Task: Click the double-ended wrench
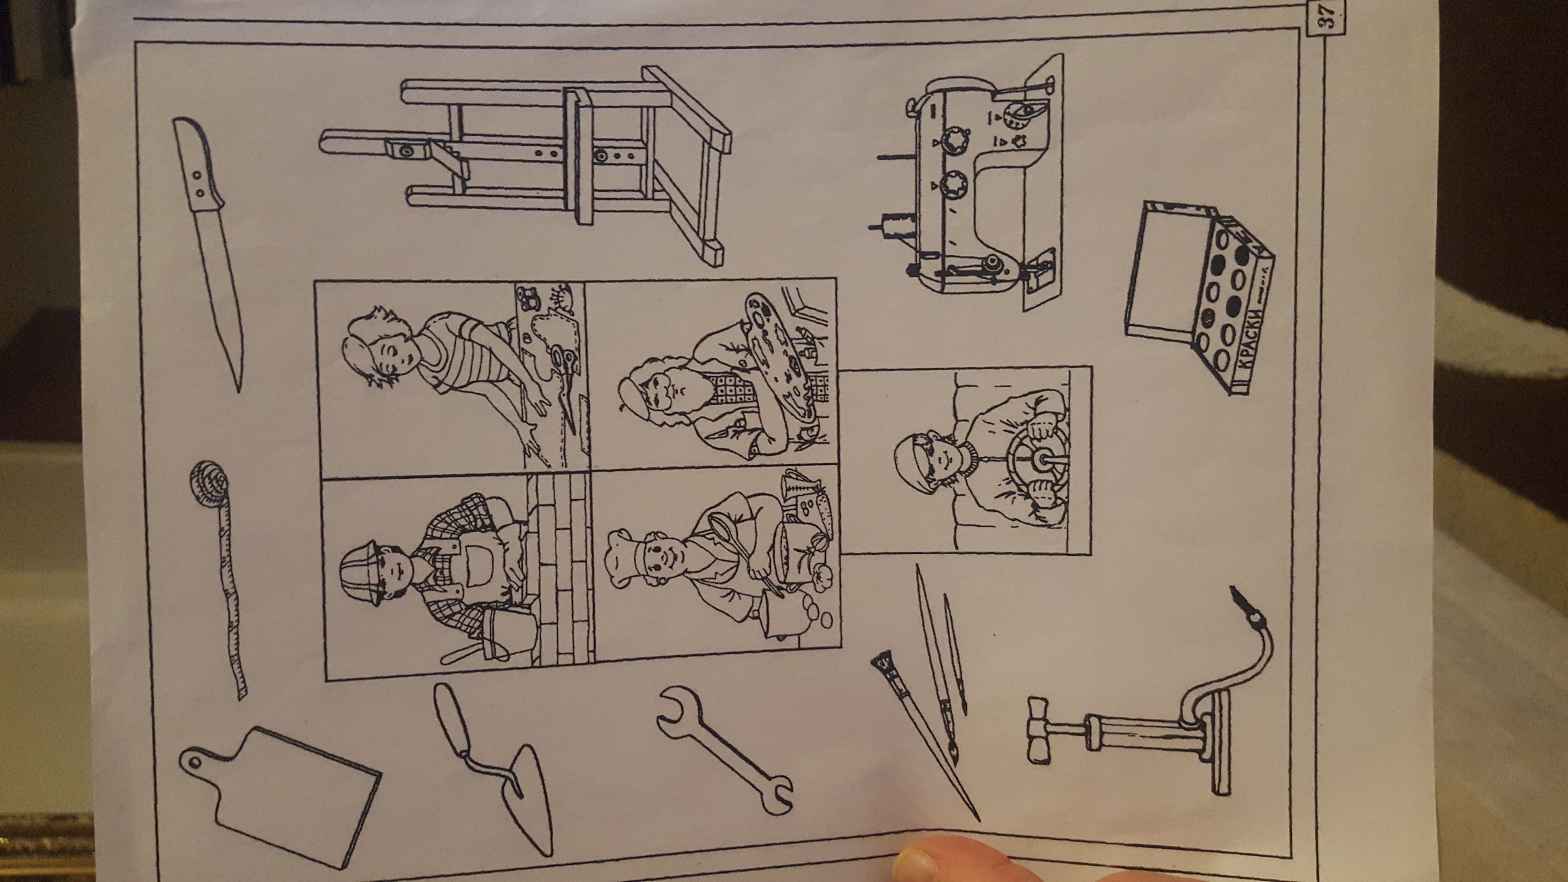pos(724,752)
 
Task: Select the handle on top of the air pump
pos(1041,731)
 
